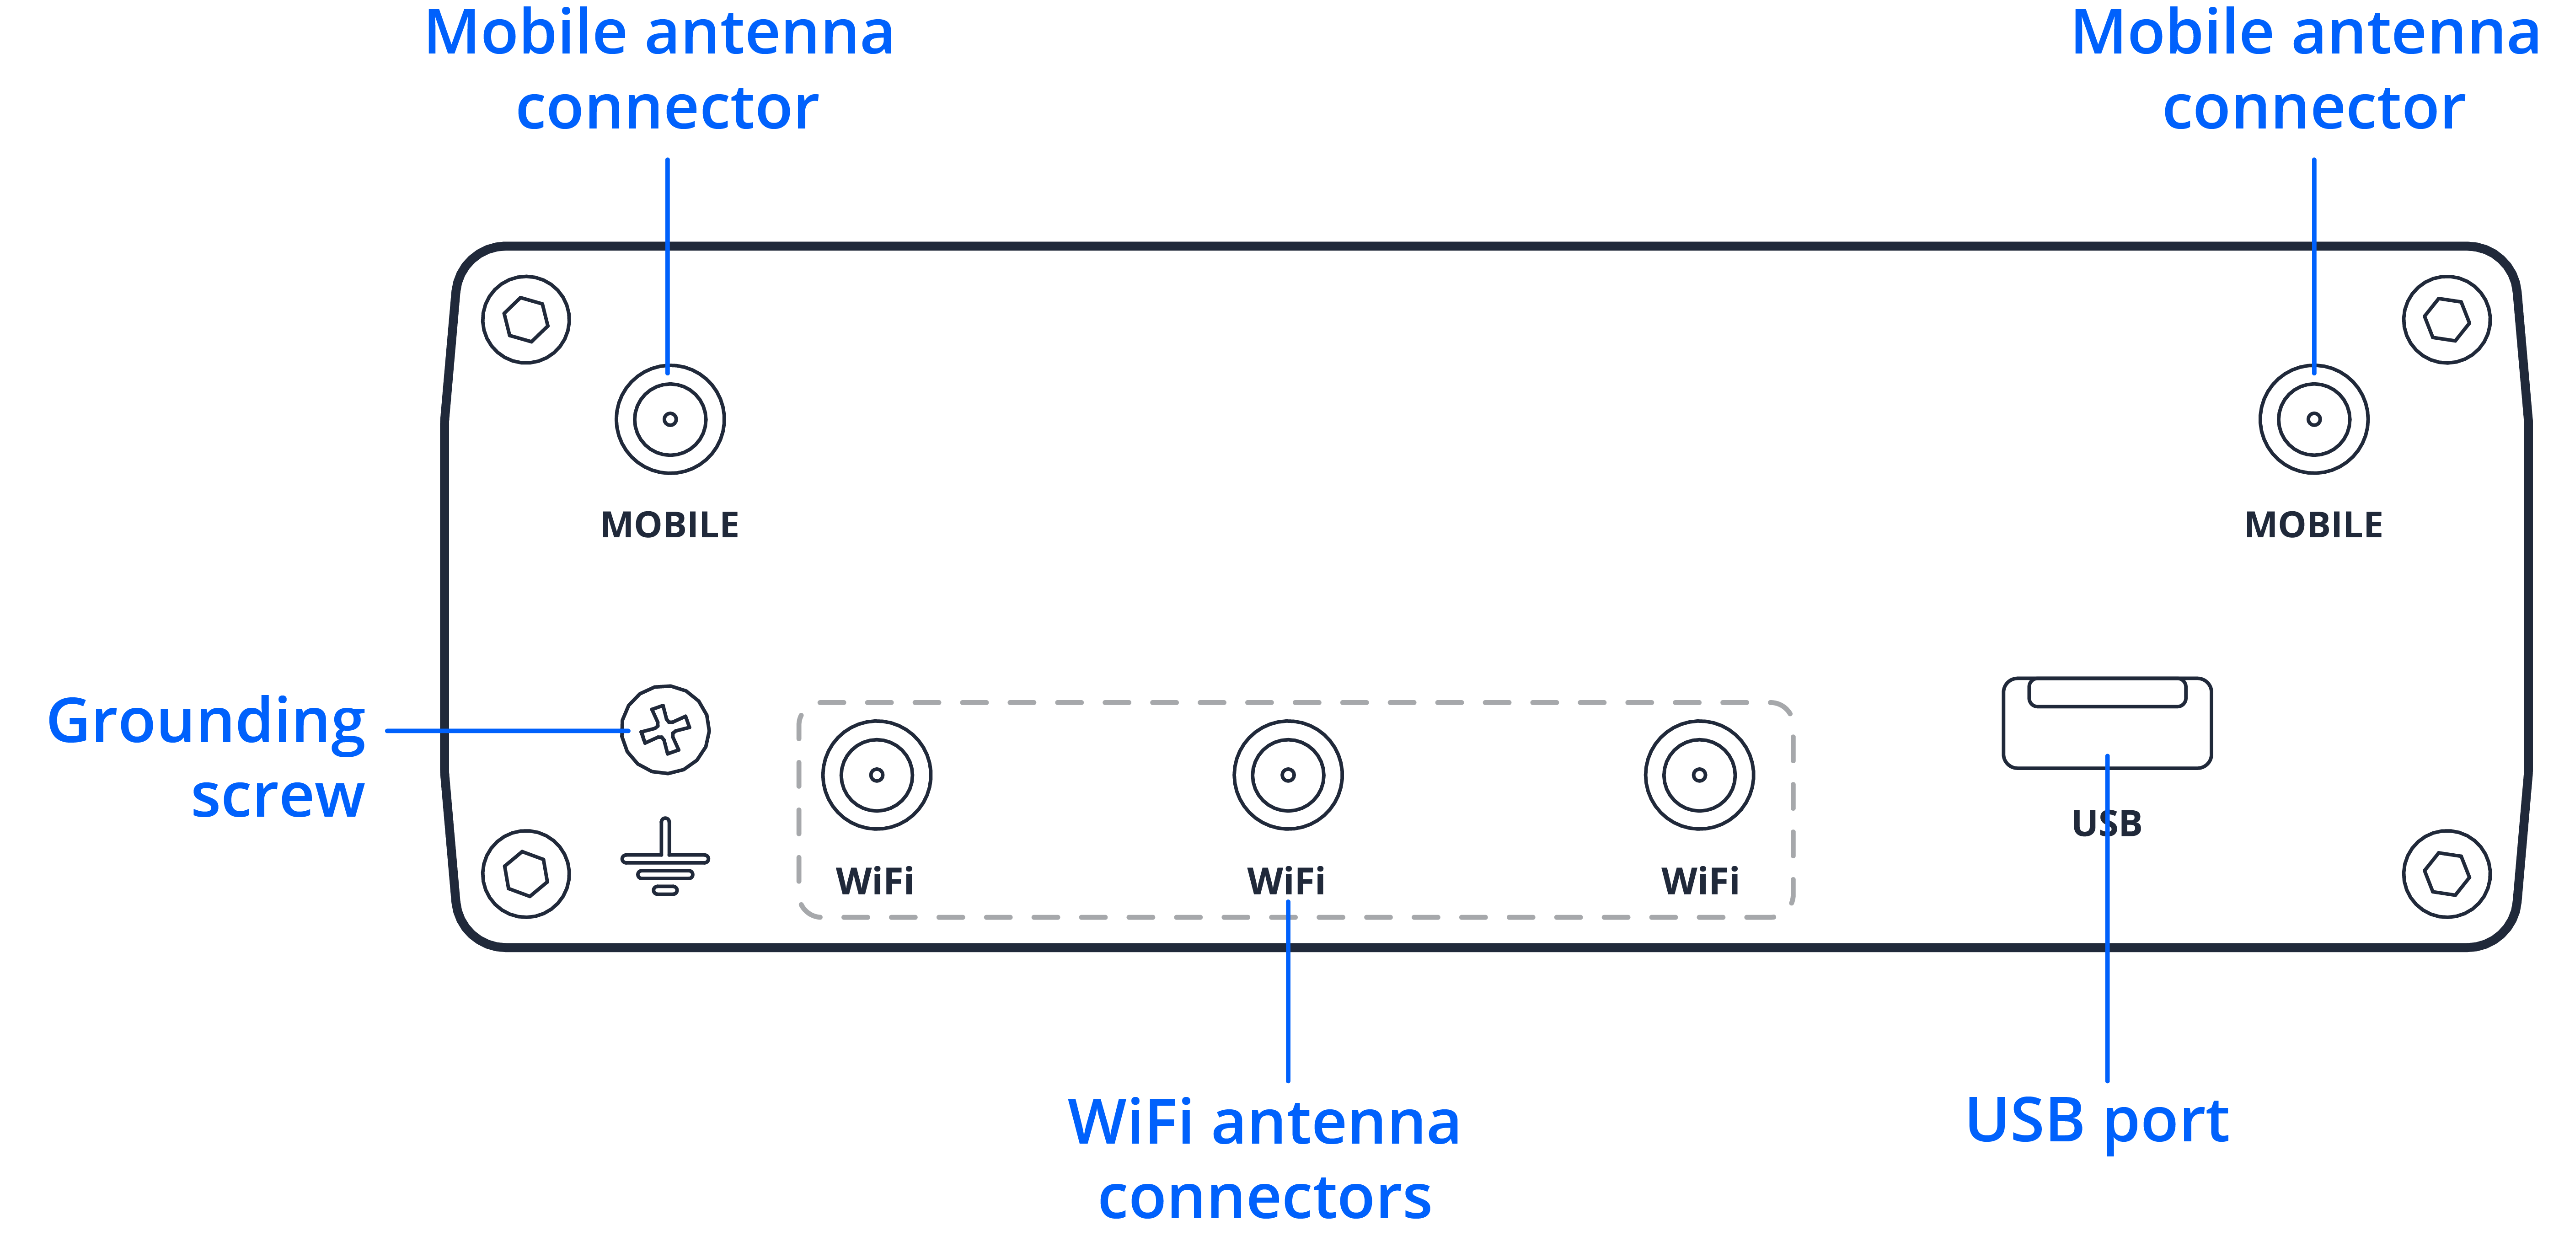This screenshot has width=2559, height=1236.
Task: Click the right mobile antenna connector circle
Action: point(2313,419)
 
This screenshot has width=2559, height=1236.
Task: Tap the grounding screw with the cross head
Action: point(664,729)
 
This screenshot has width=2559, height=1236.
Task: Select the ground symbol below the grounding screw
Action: point(664,856)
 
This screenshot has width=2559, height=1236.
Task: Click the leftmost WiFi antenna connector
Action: point(876,775)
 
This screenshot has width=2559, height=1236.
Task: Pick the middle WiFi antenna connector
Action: point(1287,775)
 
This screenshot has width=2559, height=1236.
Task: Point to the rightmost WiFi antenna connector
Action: point(1699,775)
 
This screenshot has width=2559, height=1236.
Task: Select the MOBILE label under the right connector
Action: point(2313,524)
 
